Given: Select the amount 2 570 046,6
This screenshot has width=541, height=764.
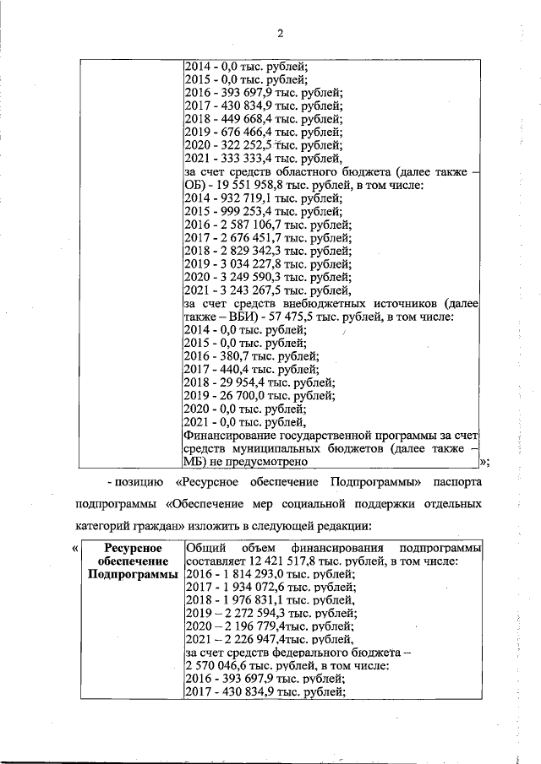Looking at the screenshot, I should pyautogui.click(x=219, y=665).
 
